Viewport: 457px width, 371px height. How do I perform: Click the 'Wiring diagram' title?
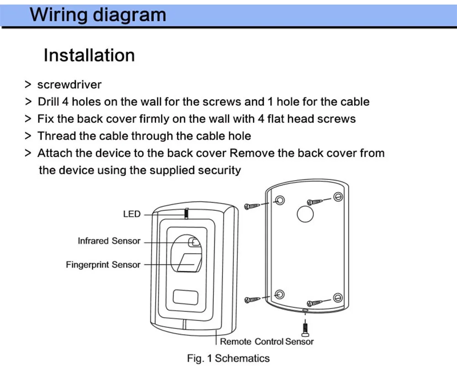pyautogui.click(x=98, y=15)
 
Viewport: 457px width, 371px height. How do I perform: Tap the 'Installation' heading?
pyautogui.click(x=89, y=55)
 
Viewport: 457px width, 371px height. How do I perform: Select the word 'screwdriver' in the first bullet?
pyautogui.click(x=69, y=84)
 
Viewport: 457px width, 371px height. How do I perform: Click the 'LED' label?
pyautogui.click(x=132, y=214)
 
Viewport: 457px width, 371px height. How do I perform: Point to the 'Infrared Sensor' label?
pyautogui.click(x=109, y=240)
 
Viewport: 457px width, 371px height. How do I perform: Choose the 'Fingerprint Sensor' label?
pyautogui.click(x=103, y=265)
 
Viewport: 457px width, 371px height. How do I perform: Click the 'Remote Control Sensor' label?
pyautogui.click(x=267, y=341)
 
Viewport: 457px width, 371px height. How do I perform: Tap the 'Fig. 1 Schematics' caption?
pyautogui.click(x=228, y=358)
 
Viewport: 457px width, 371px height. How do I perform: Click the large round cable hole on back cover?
pyautogui.click(x=306, y=213)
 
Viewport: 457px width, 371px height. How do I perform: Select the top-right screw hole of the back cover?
pyautogui.click(x=338, y=197)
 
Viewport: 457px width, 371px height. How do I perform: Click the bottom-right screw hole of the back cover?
pyautogui.click(x=338, y=297)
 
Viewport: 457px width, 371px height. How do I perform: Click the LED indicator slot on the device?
pyautogui.click(x=186, y=213)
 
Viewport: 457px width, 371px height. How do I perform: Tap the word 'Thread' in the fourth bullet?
pyautogui.click(x=54, y=136)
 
